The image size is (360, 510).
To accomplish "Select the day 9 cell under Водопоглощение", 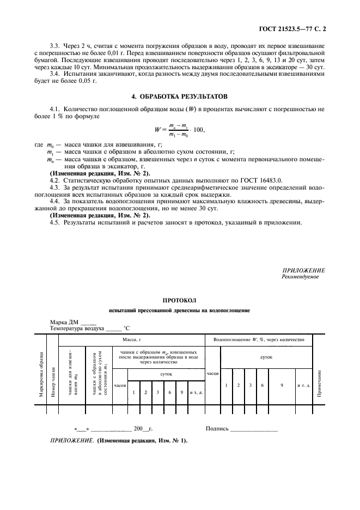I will [282, 385].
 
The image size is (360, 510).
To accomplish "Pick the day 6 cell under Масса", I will [168, 392].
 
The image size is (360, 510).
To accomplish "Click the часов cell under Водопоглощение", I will [212, 374].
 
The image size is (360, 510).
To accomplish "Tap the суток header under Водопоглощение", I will [266, 357].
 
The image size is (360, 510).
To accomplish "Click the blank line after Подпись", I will [254, 429].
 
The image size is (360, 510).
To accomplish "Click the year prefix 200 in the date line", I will [138, 429].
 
